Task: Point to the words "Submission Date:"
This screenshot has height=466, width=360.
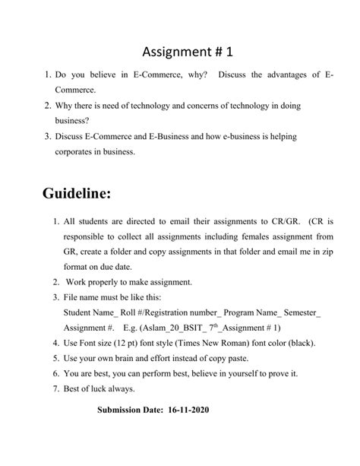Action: pos(130,410)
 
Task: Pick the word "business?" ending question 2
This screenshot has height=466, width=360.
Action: pos(72,120)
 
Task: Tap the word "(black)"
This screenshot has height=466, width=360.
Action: pos(299,343)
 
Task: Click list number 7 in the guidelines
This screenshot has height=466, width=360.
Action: pos(56,388)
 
